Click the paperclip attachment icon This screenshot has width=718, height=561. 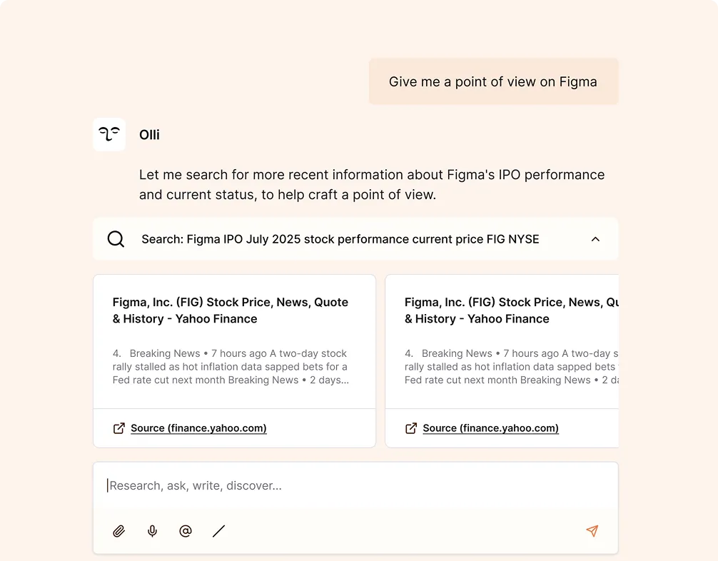pyautogui.click(x=119, y=531)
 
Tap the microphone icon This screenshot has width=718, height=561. pyautogui.click(x=153, y=531)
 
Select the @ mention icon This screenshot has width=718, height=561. pyautogui.click(x=186, y=531)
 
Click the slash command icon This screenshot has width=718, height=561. pyautogui.click(x=219, y=531)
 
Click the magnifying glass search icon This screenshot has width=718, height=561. pyautogui.click(x=116, y=239)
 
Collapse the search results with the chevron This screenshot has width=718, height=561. pyautogui.click(x=595, y=239)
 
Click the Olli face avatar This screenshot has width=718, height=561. pyautogui.click(x=109, y=134)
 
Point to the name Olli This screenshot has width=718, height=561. pyautogui.click(x=149, y=135)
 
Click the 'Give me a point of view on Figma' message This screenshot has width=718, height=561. pyautogui.click(x=493, y=81)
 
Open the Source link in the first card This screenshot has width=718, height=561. pyautogui.click(x=198, y=428)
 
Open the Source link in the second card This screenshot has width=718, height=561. pyautogui.click(x=490, y=428)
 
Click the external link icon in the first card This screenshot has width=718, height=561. pyautogui.click(x=119, y=428)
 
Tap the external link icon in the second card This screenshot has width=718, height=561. pyautogui.click(x=411, y=428)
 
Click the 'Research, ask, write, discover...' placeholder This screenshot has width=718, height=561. pyautogui.click(x=196, y=485)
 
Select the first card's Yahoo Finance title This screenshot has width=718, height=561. pyautogui.click(x=231, y=310)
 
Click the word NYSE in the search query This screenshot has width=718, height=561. pyautogui.click(x=526, y=239)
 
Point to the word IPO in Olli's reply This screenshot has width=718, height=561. pyautogui.click(x=510, y=174)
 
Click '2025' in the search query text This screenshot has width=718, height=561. pyautogui.click(x=286, y=239)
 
